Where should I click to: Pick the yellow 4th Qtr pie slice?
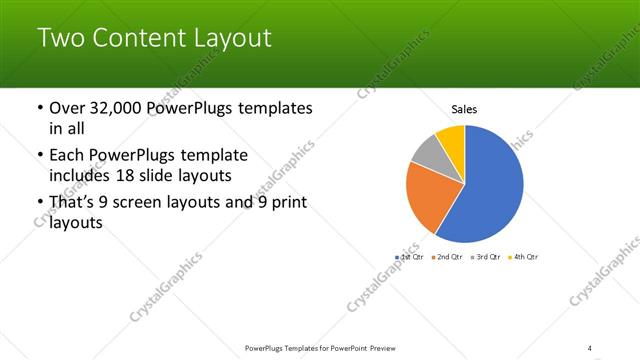(x=451, y=137)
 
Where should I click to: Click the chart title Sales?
(x=464, y=109)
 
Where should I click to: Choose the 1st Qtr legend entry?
(x=411, y=257)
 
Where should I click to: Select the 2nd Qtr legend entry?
(x=446, y=257)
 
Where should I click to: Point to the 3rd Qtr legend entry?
(x=485, y=257)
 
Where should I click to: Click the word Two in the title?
(x=60, y=39)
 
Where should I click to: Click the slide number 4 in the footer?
(x=590, y=348)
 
